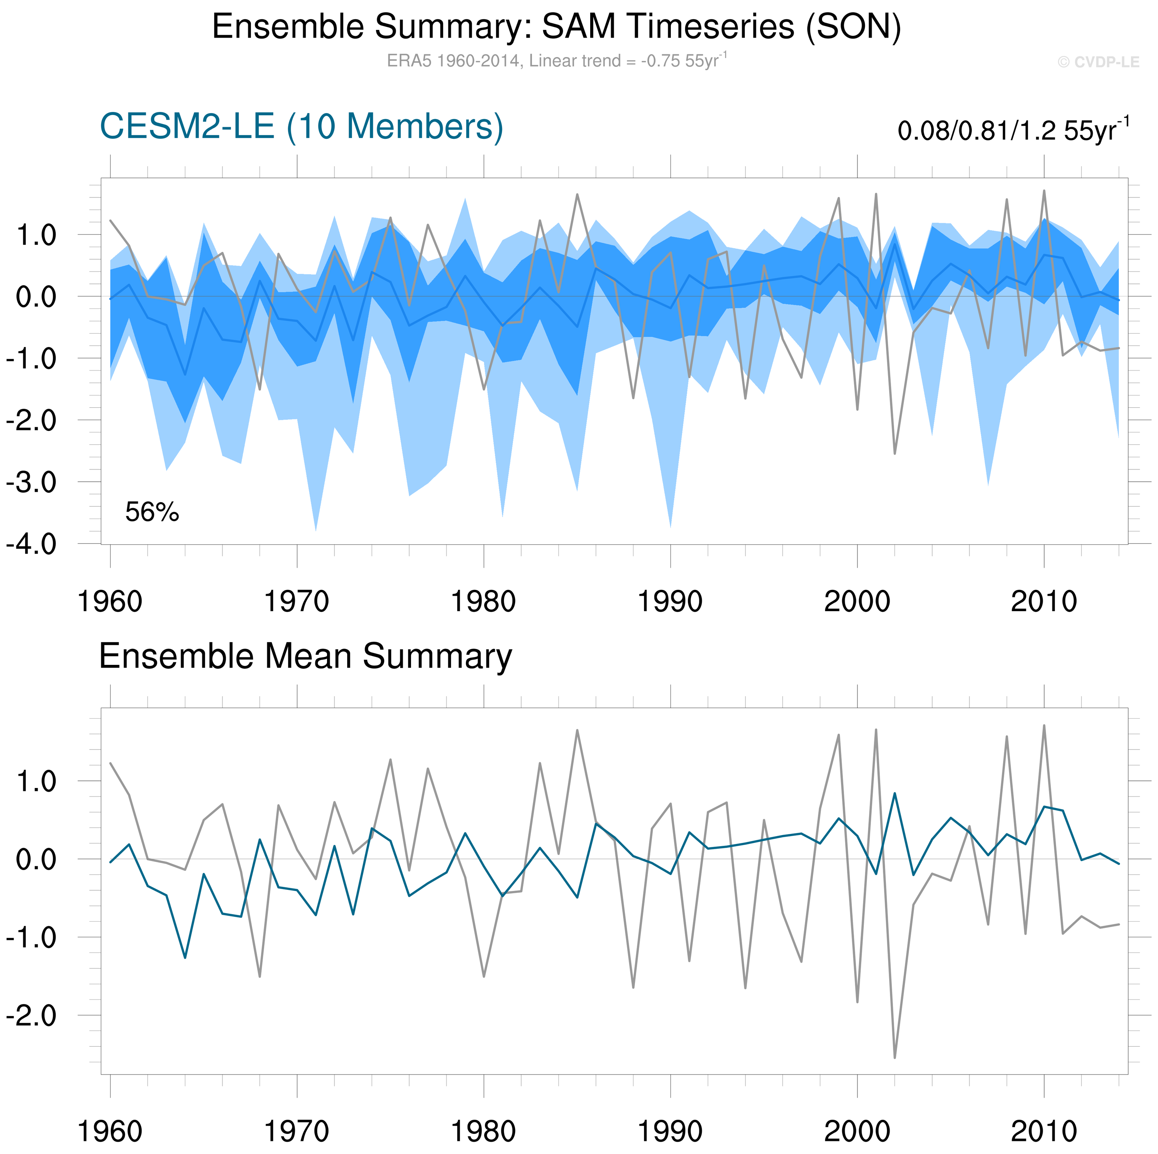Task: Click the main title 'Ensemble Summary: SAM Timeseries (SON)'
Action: click(556, 28)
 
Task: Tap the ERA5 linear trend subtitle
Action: click(556, 60)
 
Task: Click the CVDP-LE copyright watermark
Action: click(1098, 62)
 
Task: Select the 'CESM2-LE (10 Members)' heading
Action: click(302, 127)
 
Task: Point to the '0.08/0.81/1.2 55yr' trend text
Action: click(1013, 130)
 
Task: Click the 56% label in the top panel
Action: click(152, 512)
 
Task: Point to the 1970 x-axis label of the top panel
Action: click(297, 601)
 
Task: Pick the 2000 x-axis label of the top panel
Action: click(857, 601)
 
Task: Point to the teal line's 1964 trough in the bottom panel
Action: click(185, 957)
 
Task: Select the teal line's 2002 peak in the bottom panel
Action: click(895, 793)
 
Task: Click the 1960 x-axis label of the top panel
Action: click(110, 601)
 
